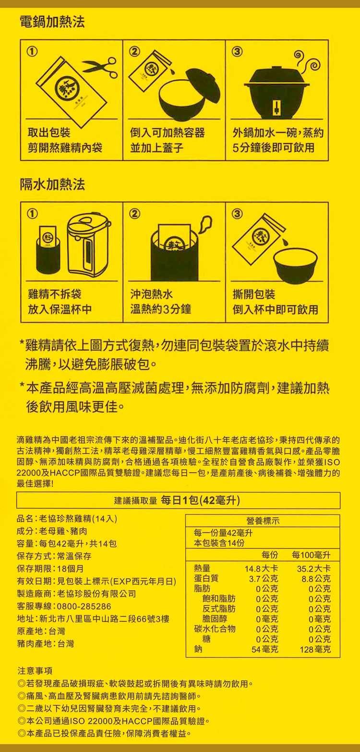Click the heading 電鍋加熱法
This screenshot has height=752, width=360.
click(x=52, y=22)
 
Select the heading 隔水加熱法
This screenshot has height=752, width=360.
click(x=52, y=184)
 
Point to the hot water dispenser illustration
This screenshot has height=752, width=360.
click(x=89, y=245)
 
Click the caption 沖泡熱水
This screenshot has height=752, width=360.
click(x=152, y=295)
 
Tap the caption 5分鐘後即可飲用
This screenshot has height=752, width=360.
click(x=273, y=148)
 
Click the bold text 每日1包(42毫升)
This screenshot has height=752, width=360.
click(x=201, y=501)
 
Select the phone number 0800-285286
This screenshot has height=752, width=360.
click(x=84, y=606)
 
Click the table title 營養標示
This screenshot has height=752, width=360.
click(x=263, y=521)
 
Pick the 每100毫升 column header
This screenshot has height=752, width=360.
click(x=312, y=555)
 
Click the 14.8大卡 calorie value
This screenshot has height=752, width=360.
click(x=261, y=569)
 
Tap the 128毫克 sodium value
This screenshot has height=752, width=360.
click(x=315, y=649)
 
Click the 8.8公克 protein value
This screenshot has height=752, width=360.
click(x=316, y=579)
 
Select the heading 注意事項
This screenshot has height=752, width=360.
click(x=35, y=670)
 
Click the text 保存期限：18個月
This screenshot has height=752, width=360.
click(x=50, y=569)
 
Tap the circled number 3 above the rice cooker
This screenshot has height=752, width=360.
click(x=237, y=51)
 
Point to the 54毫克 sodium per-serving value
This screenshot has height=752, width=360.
click(x=264, y=649)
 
